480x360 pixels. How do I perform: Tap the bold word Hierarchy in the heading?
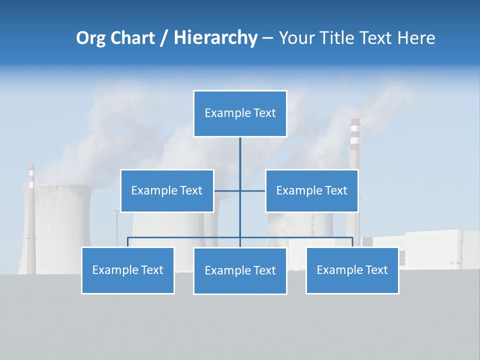[x=215, y=38]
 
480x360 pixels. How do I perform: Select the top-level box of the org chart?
[x=240, y=113]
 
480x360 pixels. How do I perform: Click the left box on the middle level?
[x=167, y=190]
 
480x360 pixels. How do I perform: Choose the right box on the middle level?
[x=311, y=190]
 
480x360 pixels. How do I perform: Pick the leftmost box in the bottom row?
[x=127, y=270]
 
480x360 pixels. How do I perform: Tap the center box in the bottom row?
[x=240, y=270]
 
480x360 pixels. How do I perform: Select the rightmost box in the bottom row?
[x=352, y=270]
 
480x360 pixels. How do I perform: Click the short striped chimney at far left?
[x=31, y=210]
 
